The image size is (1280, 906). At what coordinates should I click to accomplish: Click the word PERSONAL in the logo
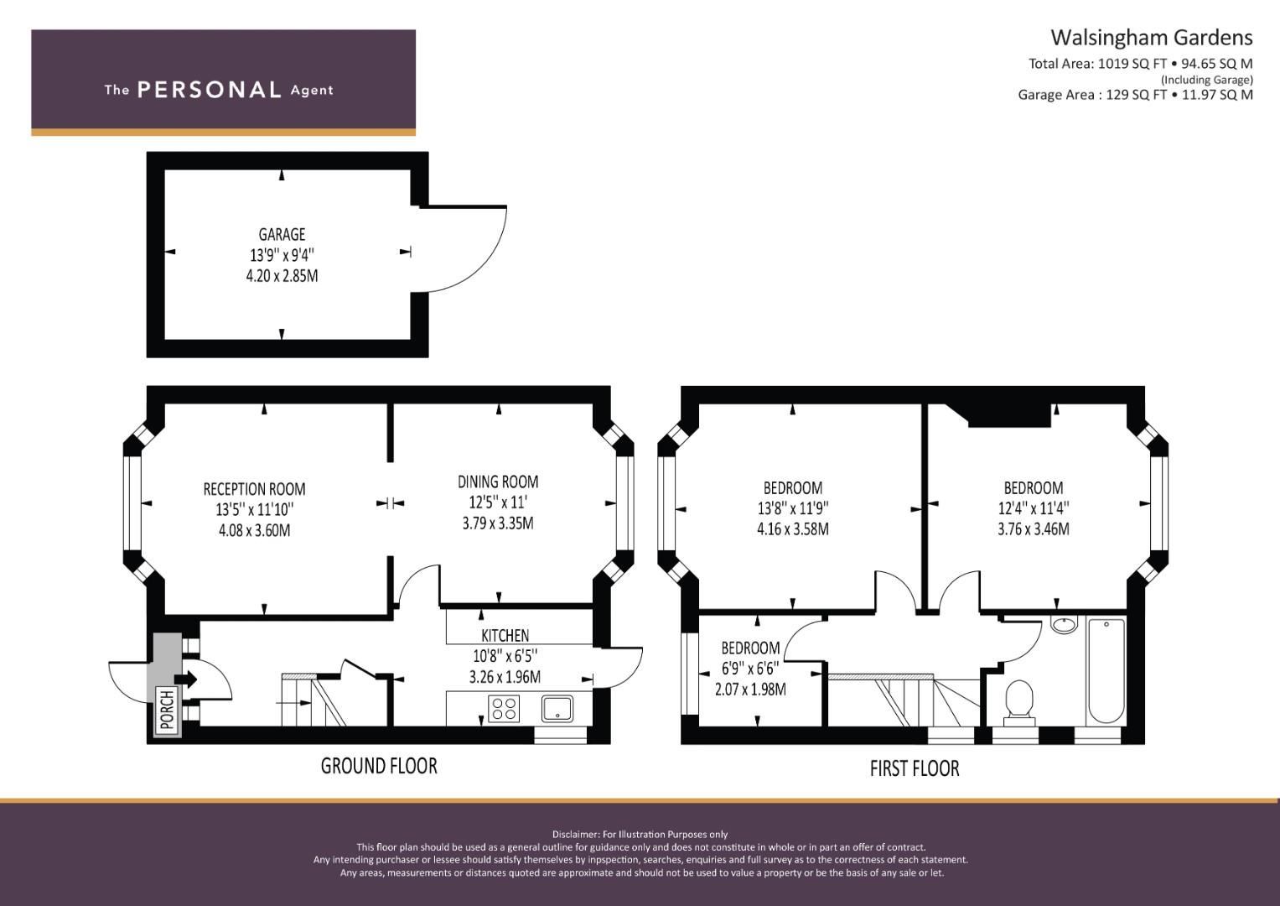coord(210,90)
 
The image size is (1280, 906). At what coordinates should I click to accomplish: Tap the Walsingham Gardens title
coord(1152,38)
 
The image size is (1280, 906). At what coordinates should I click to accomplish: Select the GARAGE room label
coord(282,235)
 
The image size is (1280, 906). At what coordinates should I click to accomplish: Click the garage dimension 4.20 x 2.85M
coord(282,276)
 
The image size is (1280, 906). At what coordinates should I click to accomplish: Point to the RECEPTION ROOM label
coord(254,489)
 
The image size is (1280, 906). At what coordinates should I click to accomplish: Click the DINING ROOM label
coord(498,482)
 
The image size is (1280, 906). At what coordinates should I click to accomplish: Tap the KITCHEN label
coord(505,636)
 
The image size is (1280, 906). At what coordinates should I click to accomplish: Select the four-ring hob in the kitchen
coord(504,707)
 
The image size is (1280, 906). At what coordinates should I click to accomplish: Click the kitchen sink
coord(557,708)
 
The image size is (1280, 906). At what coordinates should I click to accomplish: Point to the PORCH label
coord(167,710)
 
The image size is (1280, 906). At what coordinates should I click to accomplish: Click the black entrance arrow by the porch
coord(186,679)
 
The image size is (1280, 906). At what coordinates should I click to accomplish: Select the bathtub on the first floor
coord(1106,671)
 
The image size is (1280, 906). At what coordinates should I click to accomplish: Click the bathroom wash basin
coord(1064,624)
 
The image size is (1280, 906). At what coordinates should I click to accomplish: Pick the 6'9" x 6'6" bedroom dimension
coord(750,668)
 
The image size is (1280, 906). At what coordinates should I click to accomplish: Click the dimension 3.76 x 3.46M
coord(1034,528)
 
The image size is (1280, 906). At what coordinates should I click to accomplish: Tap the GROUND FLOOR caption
coord(379,766)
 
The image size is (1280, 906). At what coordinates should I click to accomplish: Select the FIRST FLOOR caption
coord(915,768)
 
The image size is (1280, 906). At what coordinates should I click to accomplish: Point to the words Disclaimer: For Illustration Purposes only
coord(640,835)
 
